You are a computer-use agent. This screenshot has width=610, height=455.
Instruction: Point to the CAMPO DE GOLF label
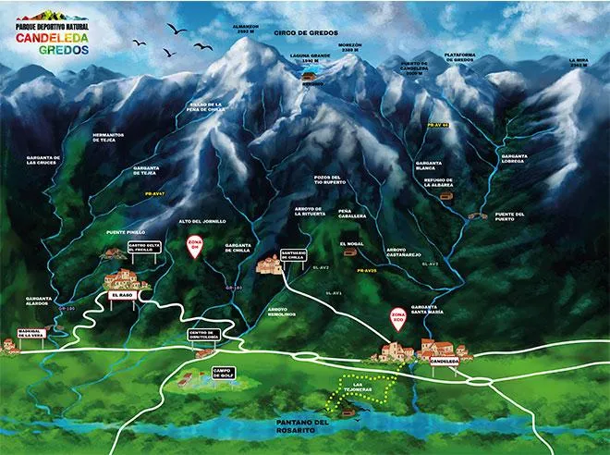224,373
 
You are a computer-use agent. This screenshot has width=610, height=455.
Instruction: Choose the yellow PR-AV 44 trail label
438,123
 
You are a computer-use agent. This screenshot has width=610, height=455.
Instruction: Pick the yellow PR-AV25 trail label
368,270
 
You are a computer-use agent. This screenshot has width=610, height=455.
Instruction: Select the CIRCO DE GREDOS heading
309,32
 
